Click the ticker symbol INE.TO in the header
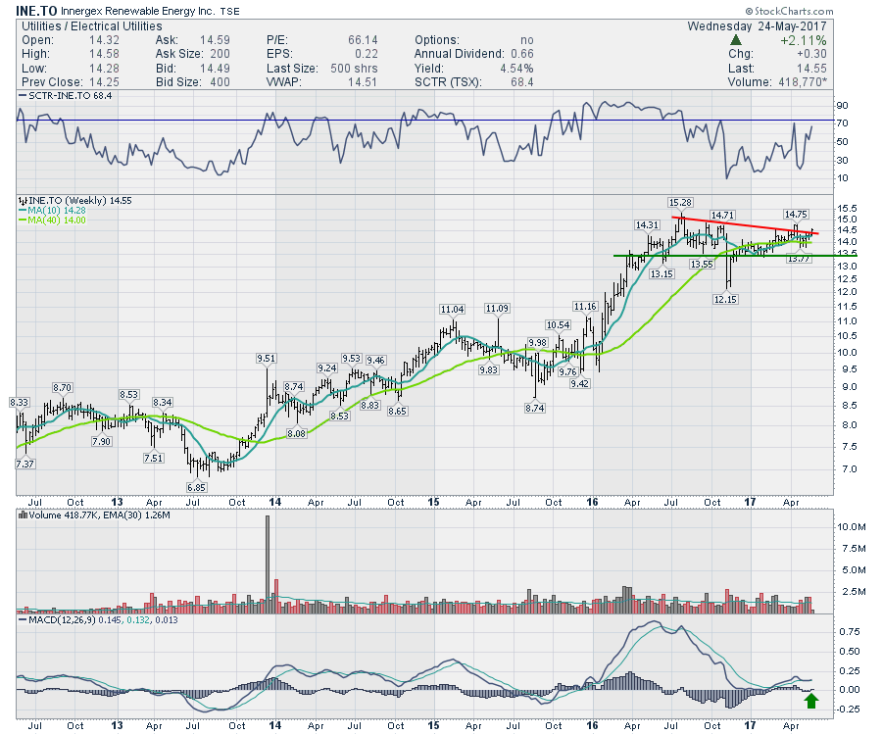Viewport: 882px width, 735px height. pyautogui.click(x=34, y=12)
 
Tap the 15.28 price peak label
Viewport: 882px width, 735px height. pyautogui.click(x=680, y=202)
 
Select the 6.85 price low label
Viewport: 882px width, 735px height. pyautogui.click(x=199, y=487)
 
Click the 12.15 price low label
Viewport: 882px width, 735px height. pyautogui.click(x=725, y=298)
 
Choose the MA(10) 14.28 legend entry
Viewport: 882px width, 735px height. pyautogui.click(x=59, y=211)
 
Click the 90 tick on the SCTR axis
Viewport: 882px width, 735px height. pyautogui.click(x=842, y=105)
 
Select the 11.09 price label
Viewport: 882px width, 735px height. pyautogui.click(x=498, y=309)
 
